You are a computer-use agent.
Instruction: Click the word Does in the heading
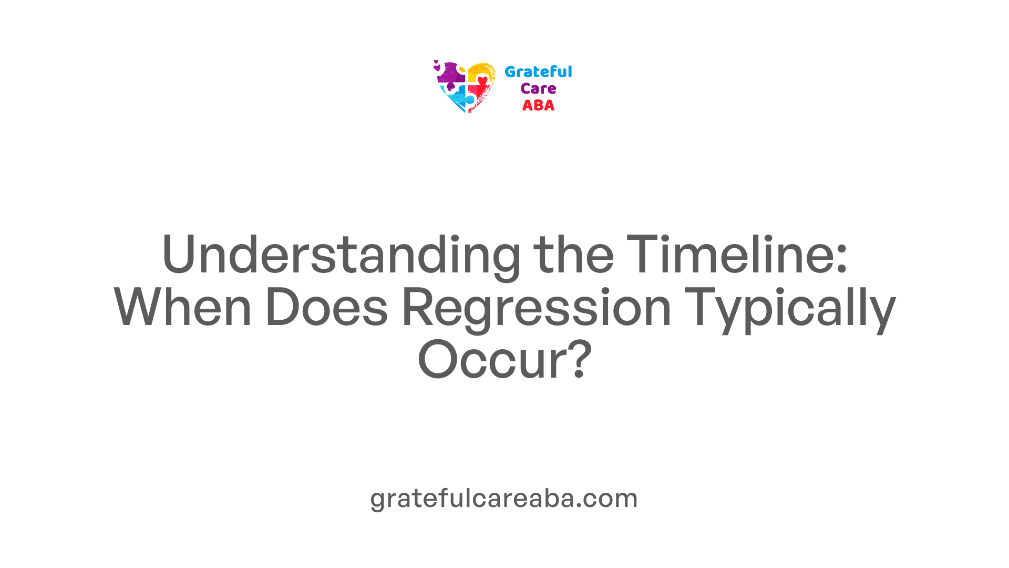coord(326,307)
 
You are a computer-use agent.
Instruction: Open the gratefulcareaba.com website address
coord(504,498)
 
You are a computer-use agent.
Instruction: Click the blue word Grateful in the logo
coord(538,72)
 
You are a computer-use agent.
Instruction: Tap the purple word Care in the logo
coord(538,88)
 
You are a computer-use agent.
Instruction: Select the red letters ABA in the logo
coord(538,105)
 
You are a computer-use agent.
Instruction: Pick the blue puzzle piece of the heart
coord(456,98)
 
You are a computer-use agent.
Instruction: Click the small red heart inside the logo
coord(482,80)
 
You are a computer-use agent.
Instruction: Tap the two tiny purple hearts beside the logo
coord(436,65)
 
